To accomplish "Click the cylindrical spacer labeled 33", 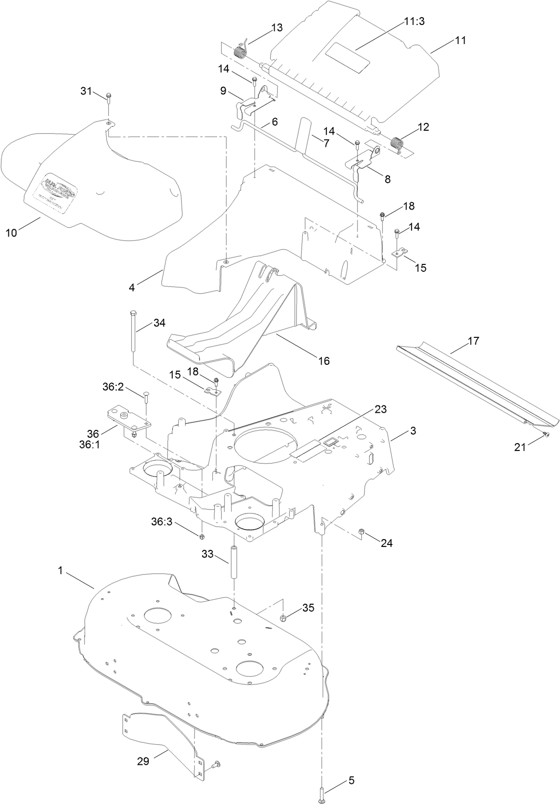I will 234,562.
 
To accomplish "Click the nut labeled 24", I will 362,532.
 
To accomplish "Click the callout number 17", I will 473,341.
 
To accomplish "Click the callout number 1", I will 61,570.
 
